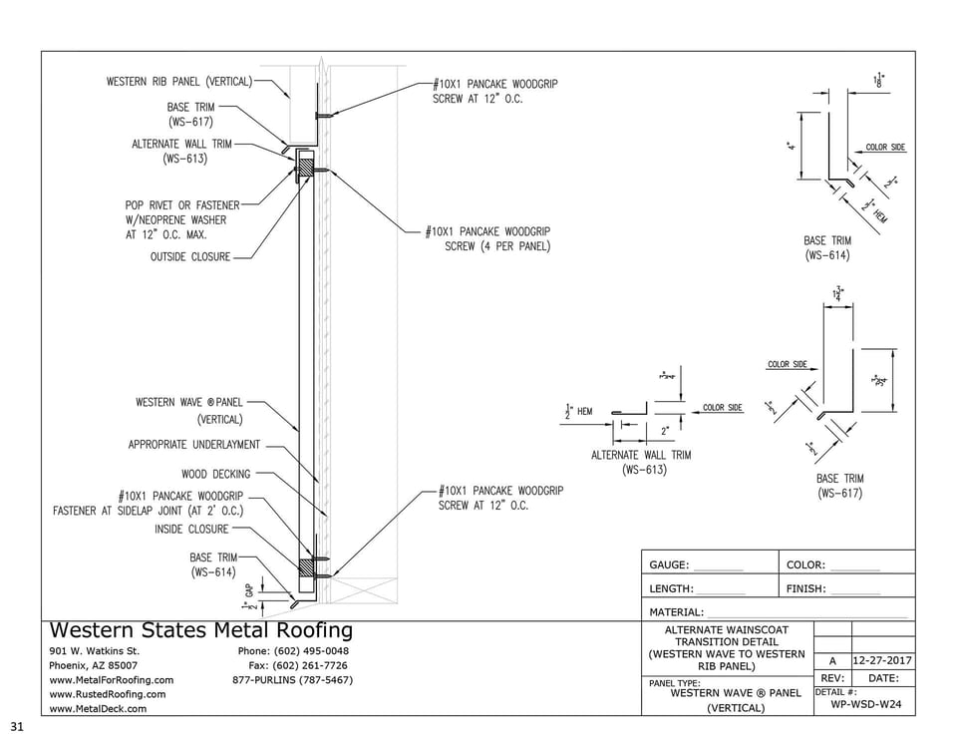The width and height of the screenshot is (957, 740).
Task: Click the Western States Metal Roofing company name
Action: click(x=200, y=630)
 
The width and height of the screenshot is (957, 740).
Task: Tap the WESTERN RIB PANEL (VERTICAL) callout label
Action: click(x=178, y=81)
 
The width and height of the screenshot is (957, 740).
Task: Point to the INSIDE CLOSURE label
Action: click(x=191, y=529)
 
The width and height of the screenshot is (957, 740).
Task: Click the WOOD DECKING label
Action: click(x=216, y=474)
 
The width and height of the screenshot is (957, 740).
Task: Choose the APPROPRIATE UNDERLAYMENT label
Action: click(x=194, y=445)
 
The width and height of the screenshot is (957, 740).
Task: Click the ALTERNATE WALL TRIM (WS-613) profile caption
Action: click(x=640, y=462)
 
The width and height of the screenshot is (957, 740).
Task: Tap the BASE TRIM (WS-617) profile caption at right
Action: click(x=839, y=486)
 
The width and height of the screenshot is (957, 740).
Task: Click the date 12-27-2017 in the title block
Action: click(x=883, y=660)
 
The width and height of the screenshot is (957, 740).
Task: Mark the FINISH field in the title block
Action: click(x=805, y=589)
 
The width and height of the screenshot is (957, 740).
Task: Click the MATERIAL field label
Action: click(x=676, y=612)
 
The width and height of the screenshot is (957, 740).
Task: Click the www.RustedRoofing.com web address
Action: click(x=108, y=694)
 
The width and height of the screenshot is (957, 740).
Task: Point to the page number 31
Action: click(x=16, y=725)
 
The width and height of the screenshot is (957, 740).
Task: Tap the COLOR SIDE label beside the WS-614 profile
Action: click(x=885, y=148)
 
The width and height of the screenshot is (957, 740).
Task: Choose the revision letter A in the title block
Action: click(x=832, y=660)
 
